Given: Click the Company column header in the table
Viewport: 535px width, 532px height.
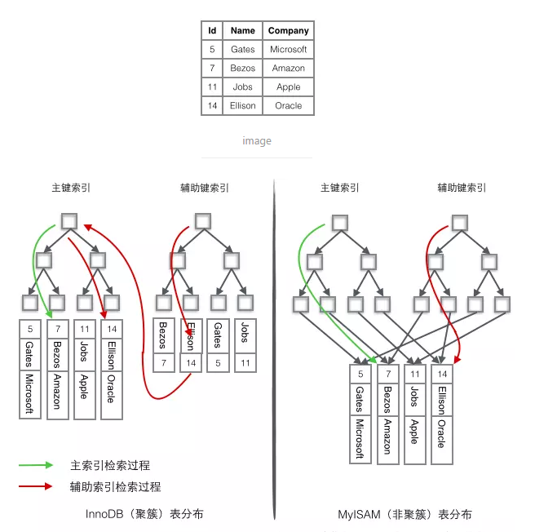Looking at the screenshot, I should (x=289, y=31).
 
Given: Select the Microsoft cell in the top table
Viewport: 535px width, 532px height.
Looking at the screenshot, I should (x=289, y=50).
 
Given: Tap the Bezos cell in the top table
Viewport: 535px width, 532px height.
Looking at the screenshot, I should (x=242, y=69).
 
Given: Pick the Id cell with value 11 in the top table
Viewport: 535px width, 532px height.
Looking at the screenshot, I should (x=212, y=87).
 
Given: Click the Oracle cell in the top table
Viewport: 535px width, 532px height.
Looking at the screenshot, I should (x=289, y=106).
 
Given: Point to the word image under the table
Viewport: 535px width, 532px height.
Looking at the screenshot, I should (x=257, y=141).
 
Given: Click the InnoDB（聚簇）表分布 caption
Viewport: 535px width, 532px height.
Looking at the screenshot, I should (x=144, y=514).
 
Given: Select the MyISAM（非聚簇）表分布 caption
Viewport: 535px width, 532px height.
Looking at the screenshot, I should (x=405, y=514).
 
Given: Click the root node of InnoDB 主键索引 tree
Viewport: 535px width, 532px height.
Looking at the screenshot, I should (x=69, y=221).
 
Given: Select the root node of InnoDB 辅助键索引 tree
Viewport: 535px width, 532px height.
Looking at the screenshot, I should (x=203, y=221).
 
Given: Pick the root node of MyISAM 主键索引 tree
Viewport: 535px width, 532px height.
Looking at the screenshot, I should (x=339, y=221).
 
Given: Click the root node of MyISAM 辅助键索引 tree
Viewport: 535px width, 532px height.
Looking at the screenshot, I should (x=460, y=221).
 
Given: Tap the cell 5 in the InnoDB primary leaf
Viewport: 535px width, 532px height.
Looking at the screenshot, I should (x=30, y=329).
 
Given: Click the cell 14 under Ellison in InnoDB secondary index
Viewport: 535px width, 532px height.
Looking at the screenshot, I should (x=191, y=362).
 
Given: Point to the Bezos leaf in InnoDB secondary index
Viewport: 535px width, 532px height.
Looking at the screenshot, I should (x=164, y=335).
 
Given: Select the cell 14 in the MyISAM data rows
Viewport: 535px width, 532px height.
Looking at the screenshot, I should (x=441, y=375).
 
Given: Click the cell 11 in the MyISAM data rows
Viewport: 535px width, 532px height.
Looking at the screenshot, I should (x=414, y=375).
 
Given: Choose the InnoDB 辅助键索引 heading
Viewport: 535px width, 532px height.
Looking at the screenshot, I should (x=204, y=188).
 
